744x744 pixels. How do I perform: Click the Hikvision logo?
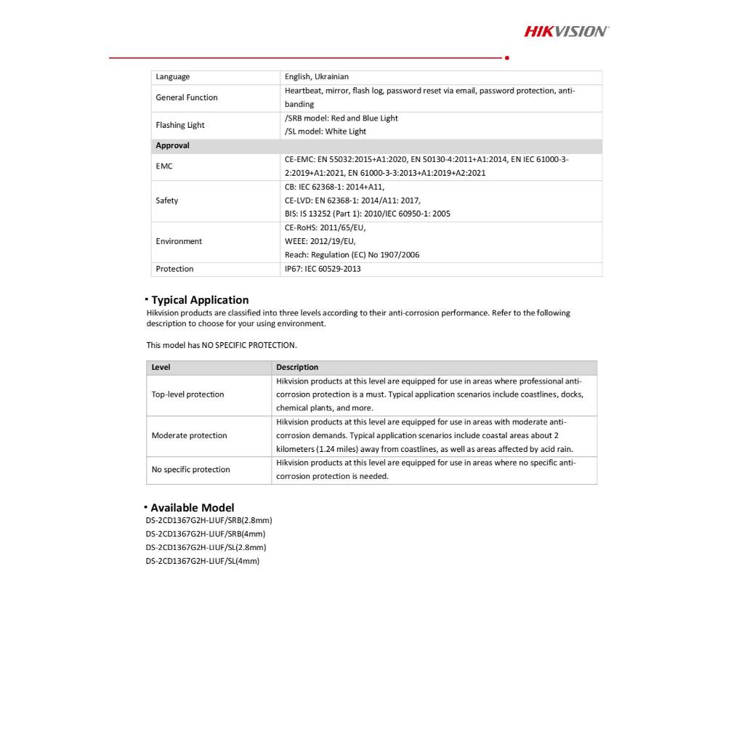(x=566, y=31)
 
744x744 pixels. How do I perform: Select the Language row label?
(x=173, y=77)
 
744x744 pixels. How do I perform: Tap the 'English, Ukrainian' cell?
(x=317, y=77)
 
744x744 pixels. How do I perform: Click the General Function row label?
(x=187, y=97)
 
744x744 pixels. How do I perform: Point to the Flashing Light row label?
(x=180, y=125)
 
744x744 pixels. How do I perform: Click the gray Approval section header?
(x=173, y=145)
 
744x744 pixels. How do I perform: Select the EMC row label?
(x=163, y=166)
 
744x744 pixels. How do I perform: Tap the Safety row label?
(x=167, y=201)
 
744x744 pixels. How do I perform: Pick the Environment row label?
(x=179, y=241)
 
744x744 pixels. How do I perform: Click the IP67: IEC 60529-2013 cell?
(x=323, y=269)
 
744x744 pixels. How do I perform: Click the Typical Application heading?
(x=200, y=300)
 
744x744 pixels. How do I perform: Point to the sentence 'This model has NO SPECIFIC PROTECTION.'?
(x=222, y=345)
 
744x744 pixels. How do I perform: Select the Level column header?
(x=161, y=368)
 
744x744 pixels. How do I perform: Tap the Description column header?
(x=297, y=368)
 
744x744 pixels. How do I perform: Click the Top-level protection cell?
(x=187, y=395)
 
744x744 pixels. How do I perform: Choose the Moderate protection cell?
(x=189, y=436)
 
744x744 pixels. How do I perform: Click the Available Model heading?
(x=193, y=508)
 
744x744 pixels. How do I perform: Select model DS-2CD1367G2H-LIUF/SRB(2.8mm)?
(x=209, y=520)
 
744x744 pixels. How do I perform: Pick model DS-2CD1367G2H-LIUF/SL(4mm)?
(x=203, y=561)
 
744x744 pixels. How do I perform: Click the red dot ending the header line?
(x=506, y=57)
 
